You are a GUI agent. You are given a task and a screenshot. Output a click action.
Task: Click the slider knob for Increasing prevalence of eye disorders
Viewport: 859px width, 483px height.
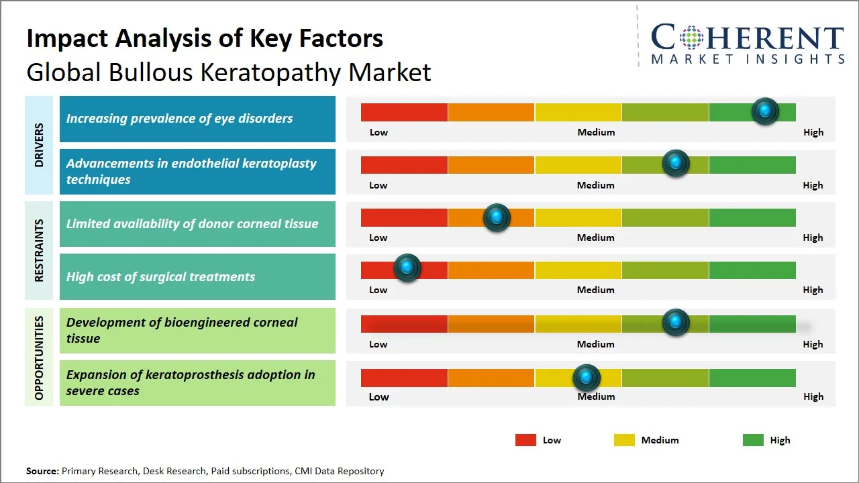point(765,111)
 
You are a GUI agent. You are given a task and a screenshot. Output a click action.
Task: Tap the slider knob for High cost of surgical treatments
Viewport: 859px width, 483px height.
point(407,268)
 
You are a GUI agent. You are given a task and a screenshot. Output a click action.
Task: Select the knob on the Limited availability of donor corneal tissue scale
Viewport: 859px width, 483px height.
point(497,217)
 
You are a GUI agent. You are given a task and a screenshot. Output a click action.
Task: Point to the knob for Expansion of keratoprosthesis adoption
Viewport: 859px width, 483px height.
point(587,378)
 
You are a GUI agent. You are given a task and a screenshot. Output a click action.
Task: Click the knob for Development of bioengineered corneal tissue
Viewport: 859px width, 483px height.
point(676,323)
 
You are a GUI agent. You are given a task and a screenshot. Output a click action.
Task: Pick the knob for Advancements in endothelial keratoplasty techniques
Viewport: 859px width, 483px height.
point(676,163)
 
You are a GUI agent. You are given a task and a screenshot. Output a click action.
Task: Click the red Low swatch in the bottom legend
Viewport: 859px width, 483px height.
point(525,440)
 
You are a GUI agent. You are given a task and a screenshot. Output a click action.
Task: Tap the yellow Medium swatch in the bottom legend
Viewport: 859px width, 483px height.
point(624,440)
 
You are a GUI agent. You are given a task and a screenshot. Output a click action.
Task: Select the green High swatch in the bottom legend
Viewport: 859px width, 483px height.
point(753,440)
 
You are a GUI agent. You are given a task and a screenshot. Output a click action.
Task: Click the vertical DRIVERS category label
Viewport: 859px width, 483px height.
point(39,145)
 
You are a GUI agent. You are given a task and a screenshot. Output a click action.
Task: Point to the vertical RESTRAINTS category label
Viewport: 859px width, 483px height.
point(39,250)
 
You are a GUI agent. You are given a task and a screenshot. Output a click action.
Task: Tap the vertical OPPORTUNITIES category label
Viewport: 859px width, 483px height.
point(39,358)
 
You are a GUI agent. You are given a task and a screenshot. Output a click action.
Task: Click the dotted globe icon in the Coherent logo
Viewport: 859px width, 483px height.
point(690,38)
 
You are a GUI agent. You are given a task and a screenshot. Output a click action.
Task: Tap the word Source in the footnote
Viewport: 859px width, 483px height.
point(42,471)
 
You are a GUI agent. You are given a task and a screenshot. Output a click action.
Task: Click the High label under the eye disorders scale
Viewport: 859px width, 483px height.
point(813,132)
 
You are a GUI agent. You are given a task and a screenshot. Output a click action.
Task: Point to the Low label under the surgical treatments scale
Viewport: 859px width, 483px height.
point(378,290)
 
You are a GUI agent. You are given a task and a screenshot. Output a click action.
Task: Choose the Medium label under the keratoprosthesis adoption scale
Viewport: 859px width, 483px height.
point(596,396)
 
